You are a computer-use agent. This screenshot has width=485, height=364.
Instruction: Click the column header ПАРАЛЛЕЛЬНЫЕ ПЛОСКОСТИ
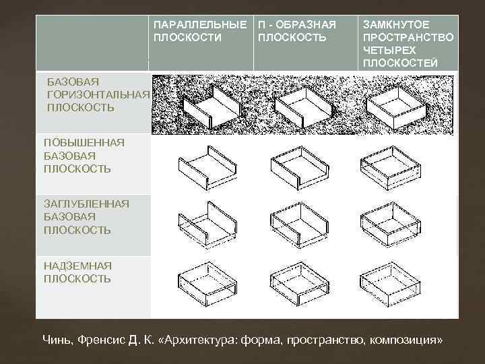[x=200, y=31]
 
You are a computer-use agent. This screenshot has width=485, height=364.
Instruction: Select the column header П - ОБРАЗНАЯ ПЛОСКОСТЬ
[x=297, y=31]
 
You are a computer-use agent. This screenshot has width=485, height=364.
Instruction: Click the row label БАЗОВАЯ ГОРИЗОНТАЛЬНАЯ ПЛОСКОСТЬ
[x=98, y=94]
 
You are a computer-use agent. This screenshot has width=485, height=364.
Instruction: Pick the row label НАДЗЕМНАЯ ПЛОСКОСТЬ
[x=77, y=272]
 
